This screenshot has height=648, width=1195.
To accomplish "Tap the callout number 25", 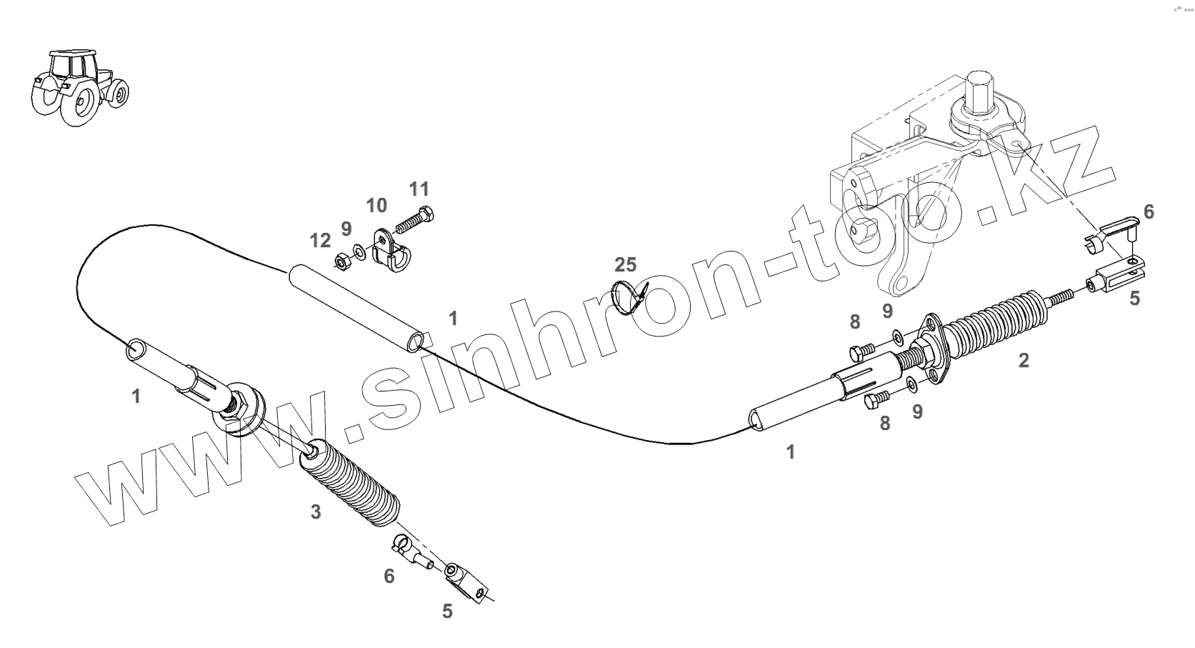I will coord(625,265).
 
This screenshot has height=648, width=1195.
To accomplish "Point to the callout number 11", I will coord(419,189).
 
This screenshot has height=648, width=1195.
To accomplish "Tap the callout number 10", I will coord(376,206).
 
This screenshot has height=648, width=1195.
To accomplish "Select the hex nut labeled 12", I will coord(341,261).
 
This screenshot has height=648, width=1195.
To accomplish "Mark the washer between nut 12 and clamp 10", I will coord(359,253).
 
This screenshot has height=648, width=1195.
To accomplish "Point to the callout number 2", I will coord(1023,361).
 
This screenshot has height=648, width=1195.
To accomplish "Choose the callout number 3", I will coord(316,512).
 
